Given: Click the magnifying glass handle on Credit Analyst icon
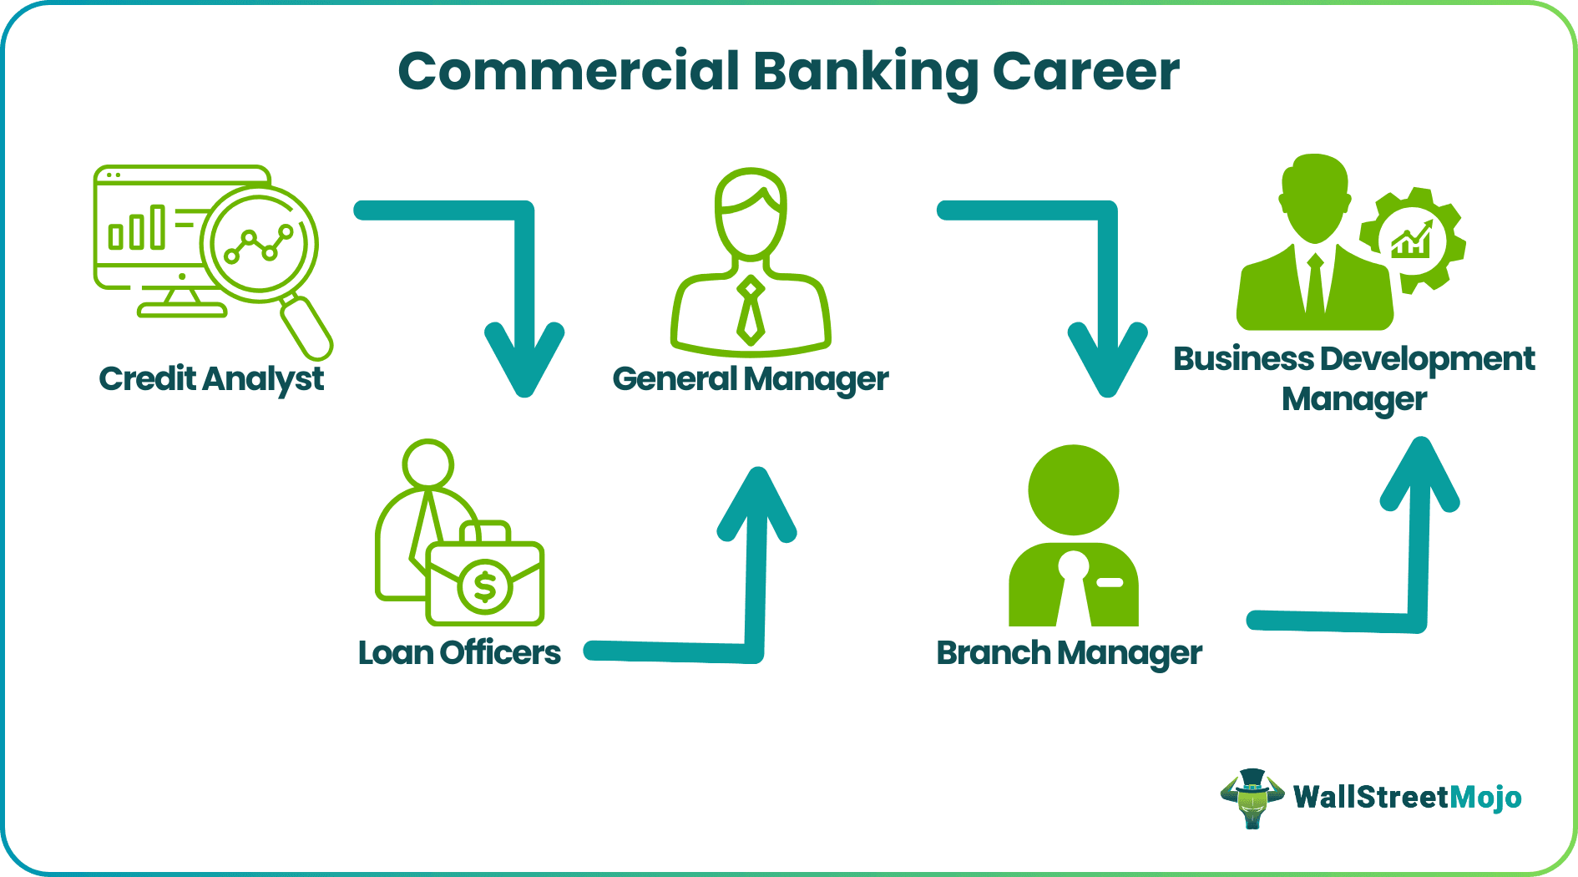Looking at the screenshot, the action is (307, 328).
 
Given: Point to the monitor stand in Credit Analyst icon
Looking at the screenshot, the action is (182, 302).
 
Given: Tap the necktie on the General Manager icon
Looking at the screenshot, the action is (751, 310).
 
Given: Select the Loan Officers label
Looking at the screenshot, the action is (459, 652).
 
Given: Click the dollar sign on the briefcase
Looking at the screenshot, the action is (485, 586).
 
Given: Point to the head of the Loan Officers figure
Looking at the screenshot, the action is (427, 464).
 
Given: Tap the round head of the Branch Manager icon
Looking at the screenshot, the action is (1074, 489).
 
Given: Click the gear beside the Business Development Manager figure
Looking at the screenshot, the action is (1413, 240).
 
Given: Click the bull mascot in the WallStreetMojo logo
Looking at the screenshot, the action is (1252, 798).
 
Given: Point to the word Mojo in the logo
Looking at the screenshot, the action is (1485, 798).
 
